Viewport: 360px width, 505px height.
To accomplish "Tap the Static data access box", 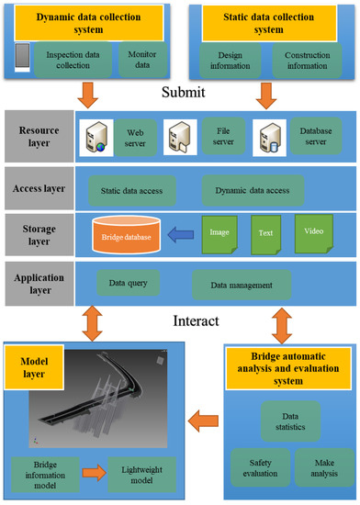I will pos(130,191).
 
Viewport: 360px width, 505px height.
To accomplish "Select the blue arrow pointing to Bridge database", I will pos(191,237).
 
